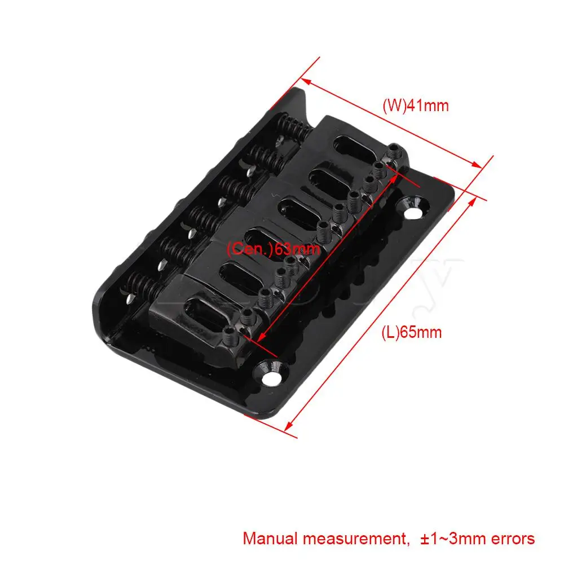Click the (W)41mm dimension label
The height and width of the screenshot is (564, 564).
416,105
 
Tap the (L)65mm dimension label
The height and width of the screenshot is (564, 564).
411,332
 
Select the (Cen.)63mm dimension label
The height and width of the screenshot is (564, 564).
273,249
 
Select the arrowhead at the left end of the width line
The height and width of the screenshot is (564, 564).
307,82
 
